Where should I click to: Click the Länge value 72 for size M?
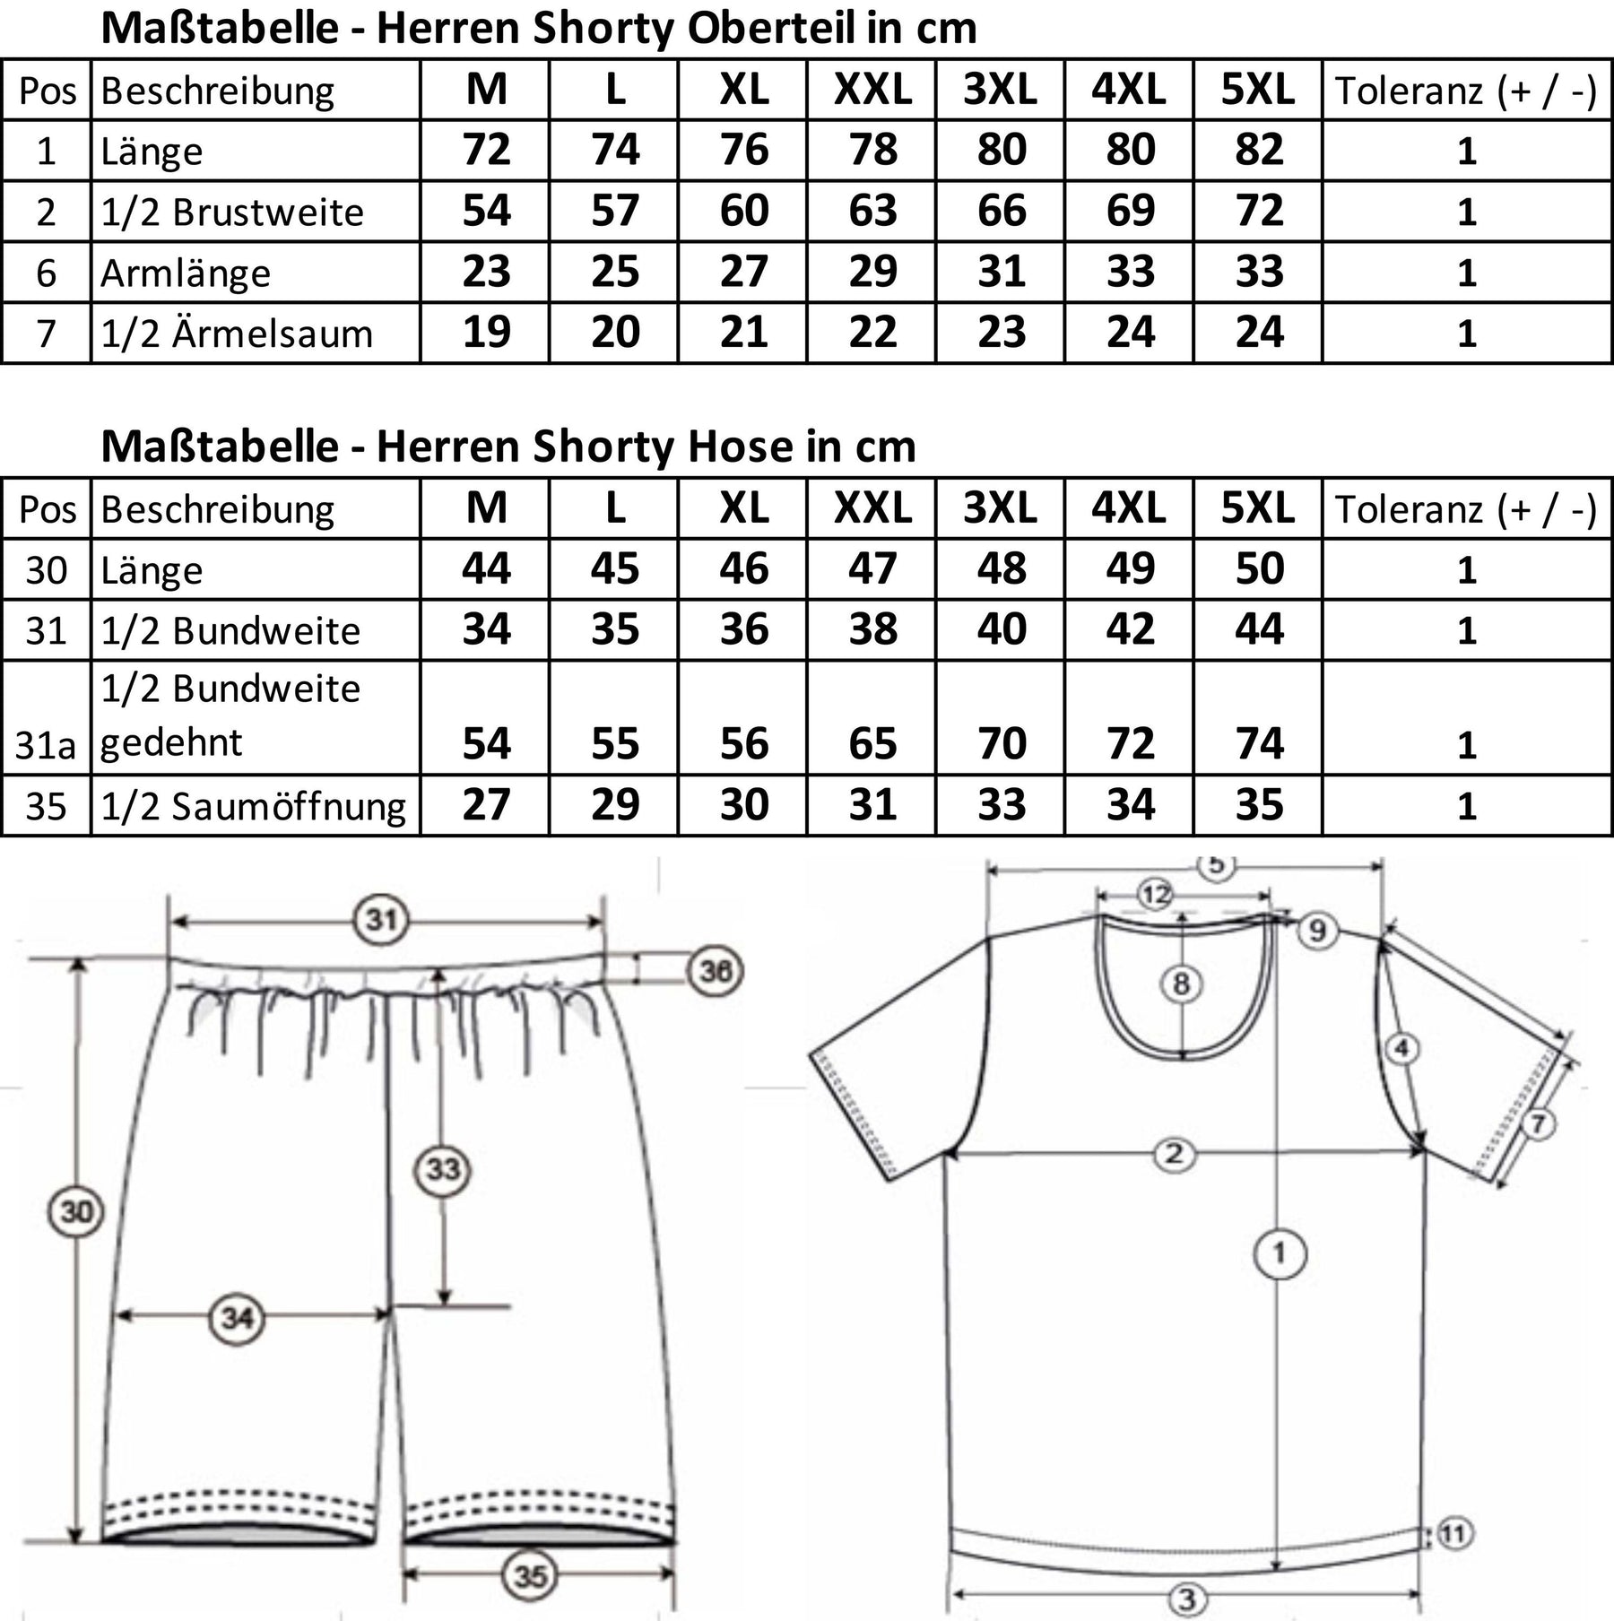coord(486,150)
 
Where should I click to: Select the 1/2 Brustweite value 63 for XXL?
coord(872,211)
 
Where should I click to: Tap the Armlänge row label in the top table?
coord(186,273)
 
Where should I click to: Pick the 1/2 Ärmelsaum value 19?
coord(486,333)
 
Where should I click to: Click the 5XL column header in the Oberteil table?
coord(1257,90)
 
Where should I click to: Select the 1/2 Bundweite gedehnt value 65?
coord(872,743)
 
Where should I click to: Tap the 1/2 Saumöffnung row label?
coord(253,806)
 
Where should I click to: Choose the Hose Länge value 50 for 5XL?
coord(1259,569)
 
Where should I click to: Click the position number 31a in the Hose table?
coord(45,744)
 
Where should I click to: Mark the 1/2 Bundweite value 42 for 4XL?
coord(1130,629)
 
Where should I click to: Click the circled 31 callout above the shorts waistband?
coord(382,920)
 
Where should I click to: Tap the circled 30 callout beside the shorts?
coord(75,1212)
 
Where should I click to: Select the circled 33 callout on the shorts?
coord(443,1169)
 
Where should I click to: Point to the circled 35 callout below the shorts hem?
coord(530,1575)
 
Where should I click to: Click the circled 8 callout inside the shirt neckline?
coord(1181,984)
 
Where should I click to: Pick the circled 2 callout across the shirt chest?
coord(1174,1154)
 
